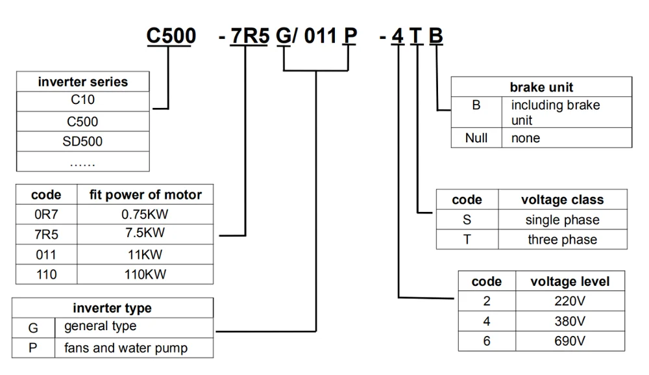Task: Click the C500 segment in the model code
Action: point(171,35)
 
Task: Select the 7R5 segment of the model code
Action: point(247,35)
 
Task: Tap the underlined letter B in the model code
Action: point(436,35)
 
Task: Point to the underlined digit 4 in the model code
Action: point(397,35)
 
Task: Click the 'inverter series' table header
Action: point(83,82)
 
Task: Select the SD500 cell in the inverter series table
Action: point(83,141)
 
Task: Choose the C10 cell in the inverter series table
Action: point(83,101)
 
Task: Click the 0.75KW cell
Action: point(145,214)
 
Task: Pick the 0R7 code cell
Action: point(47,214)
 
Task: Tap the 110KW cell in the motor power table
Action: point(145,274)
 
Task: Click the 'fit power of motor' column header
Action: point(145,194)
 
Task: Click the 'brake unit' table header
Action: point(541,87)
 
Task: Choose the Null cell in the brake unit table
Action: point(476,138)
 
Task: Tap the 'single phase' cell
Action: point(562,220)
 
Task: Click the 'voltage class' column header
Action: point(562,200)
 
